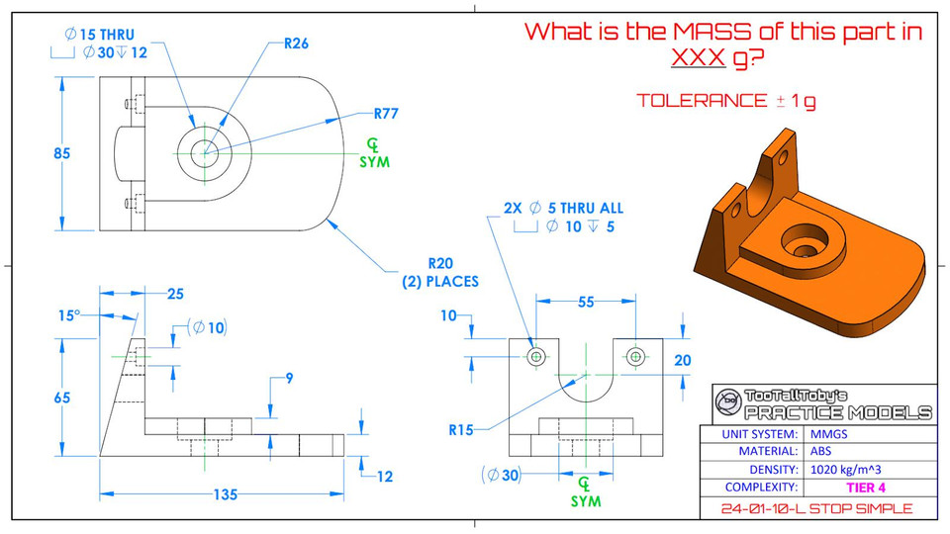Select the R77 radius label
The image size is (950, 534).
tap(386, 113)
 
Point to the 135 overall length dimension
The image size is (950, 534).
tap(225, 494)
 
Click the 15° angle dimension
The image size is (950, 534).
tap(67, 315)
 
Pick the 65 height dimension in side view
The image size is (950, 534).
tap(62, 398)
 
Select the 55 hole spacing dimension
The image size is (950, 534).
tap(585, 304)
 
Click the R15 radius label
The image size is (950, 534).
tap(462, 430)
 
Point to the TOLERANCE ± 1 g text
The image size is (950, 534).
tap(726, 101)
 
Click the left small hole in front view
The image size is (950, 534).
tap(536, 355)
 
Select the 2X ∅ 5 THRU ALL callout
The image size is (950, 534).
tap(563, 209)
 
